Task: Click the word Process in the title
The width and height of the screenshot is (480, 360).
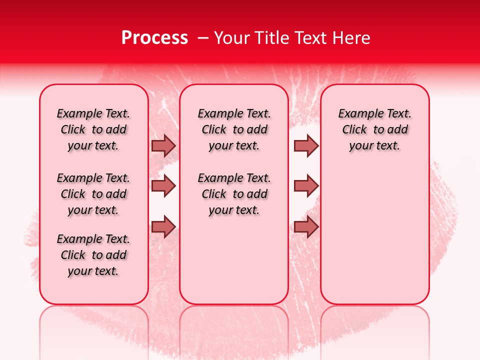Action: point(154,37)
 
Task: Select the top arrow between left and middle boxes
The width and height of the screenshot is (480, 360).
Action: point(163,145)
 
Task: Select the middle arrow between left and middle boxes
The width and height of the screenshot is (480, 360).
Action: point(163,185)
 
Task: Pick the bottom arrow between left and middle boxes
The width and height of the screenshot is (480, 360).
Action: point(163,227)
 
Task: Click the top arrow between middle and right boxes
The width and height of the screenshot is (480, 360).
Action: point(306,145)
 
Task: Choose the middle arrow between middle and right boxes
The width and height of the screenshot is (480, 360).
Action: point(306,185)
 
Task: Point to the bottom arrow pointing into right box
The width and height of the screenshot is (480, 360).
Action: point(306,227)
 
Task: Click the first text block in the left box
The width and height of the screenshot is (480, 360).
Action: point(93,129)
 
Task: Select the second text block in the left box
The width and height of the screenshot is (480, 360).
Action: point(93,194)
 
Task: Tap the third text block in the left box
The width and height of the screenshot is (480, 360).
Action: point(93,255)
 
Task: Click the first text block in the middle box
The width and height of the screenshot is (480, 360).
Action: point(234,129)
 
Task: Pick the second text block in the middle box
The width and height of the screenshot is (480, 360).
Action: point(234,194)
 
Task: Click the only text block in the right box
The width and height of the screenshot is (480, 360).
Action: point(374,129)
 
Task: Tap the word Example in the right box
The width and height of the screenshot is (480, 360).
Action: point(356,114)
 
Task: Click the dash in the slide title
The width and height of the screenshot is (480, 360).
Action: point(203,38)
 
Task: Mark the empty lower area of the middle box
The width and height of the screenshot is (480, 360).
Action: point(234,260)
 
